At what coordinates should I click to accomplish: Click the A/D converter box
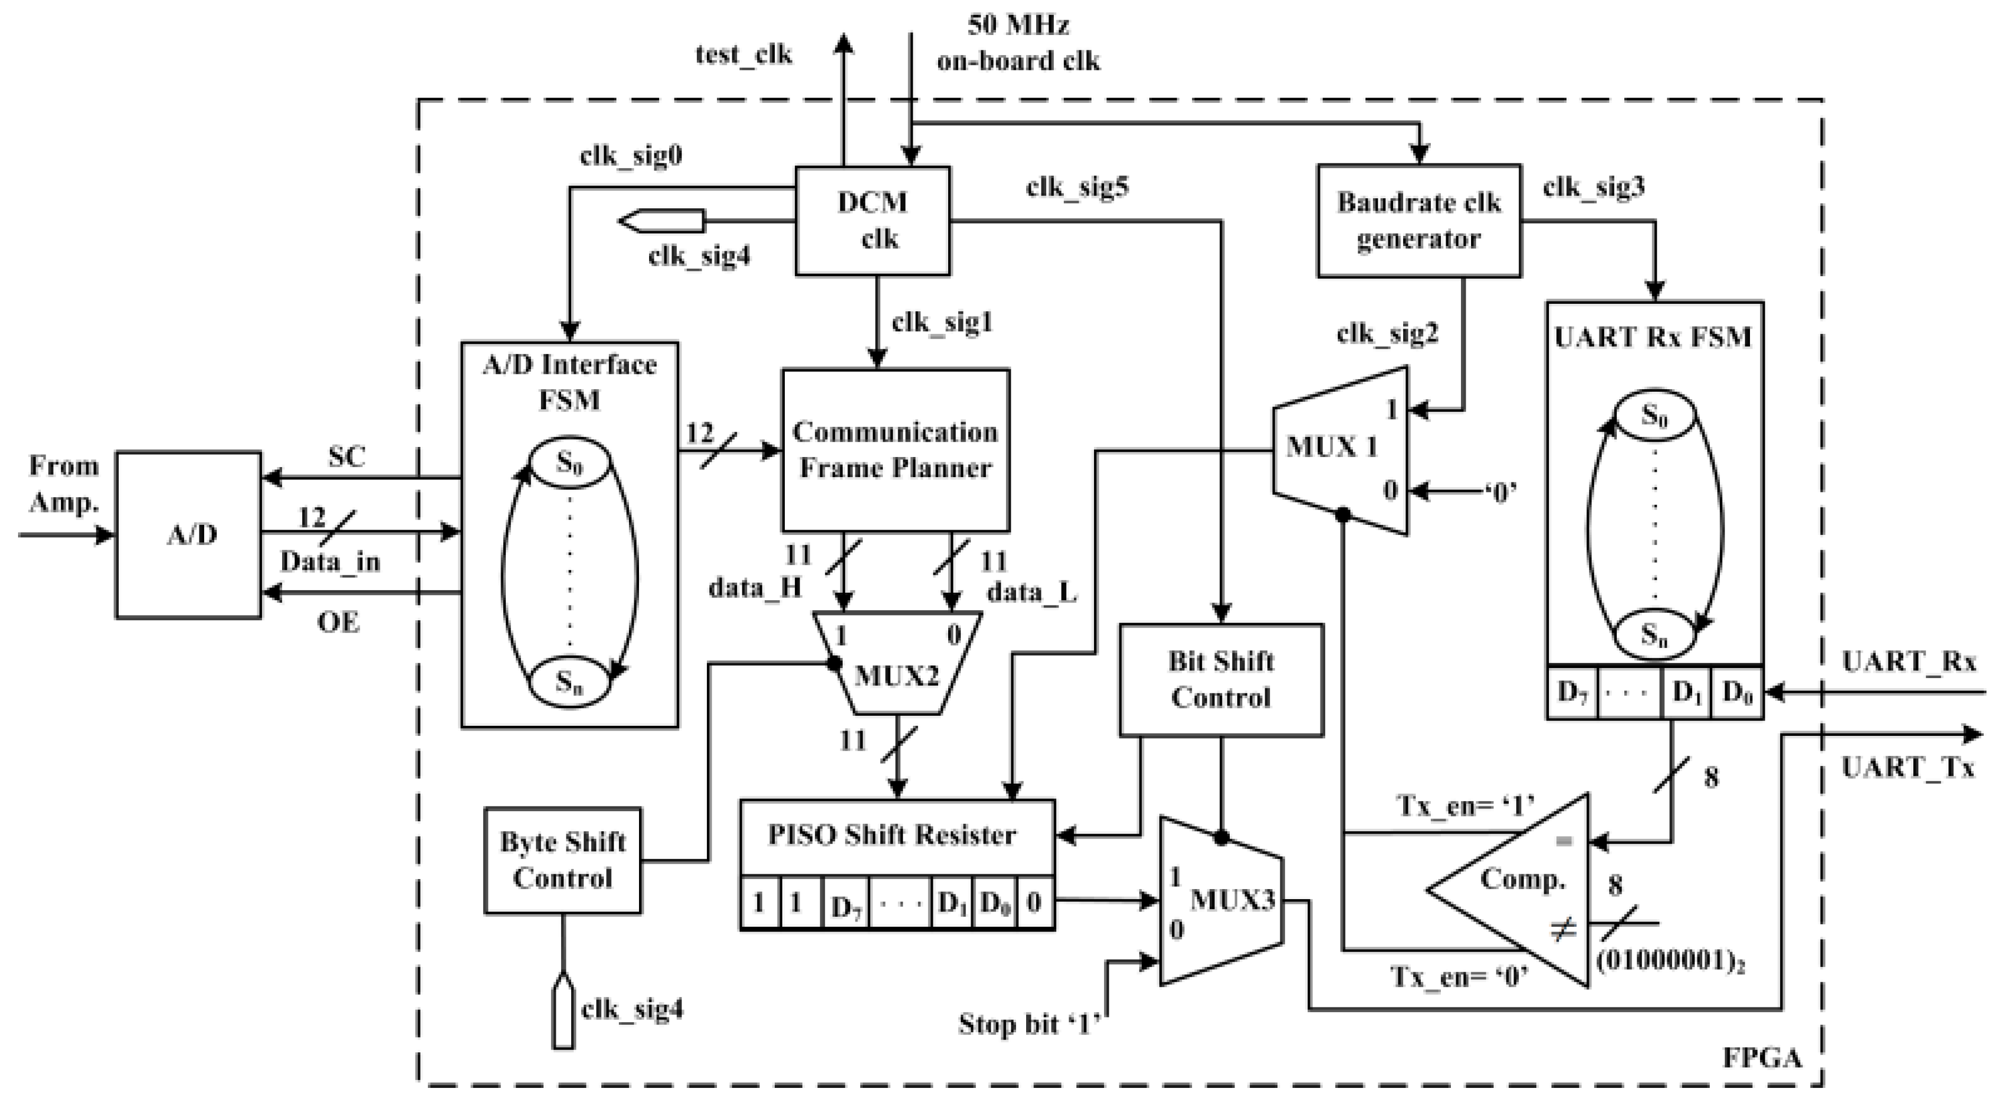pos(189,534)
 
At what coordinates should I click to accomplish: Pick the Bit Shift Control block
pos(1221,680)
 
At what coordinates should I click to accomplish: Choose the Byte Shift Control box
pos(563,860)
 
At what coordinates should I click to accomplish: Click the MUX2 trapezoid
pos(896,669)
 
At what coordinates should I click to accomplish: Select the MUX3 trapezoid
pos(1221,901)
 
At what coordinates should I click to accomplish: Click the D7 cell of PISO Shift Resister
pos(846,904)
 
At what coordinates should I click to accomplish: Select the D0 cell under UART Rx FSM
pos(1736,691)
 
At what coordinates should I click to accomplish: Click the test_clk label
pos(743,55)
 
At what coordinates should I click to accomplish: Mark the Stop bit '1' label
pos(1029,1024)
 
